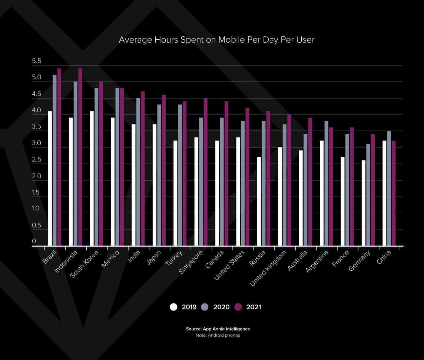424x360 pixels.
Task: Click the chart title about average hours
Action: (216, 40)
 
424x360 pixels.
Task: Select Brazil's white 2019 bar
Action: (50, 178)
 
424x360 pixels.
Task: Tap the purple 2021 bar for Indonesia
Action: (80, 157)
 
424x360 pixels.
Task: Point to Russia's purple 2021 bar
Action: (268, 178)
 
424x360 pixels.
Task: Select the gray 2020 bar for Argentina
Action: (326, 183)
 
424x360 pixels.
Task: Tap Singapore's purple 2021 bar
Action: (205, 172)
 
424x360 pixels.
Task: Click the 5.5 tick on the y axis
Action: (37, 61)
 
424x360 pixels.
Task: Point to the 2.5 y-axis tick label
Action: (37, 160)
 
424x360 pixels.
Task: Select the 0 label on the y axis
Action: (34, 241)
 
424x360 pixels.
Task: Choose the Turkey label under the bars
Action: (174, 258)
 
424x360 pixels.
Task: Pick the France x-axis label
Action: (341, 259)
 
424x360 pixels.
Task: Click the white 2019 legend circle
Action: (173, 307)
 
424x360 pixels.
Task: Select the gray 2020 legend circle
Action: (205, 307)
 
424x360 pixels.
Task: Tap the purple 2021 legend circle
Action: (238, 307)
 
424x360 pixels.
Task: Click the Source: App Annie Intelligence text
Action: (218, 329)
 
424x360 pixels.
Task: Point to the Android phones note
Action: (218, 335)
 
